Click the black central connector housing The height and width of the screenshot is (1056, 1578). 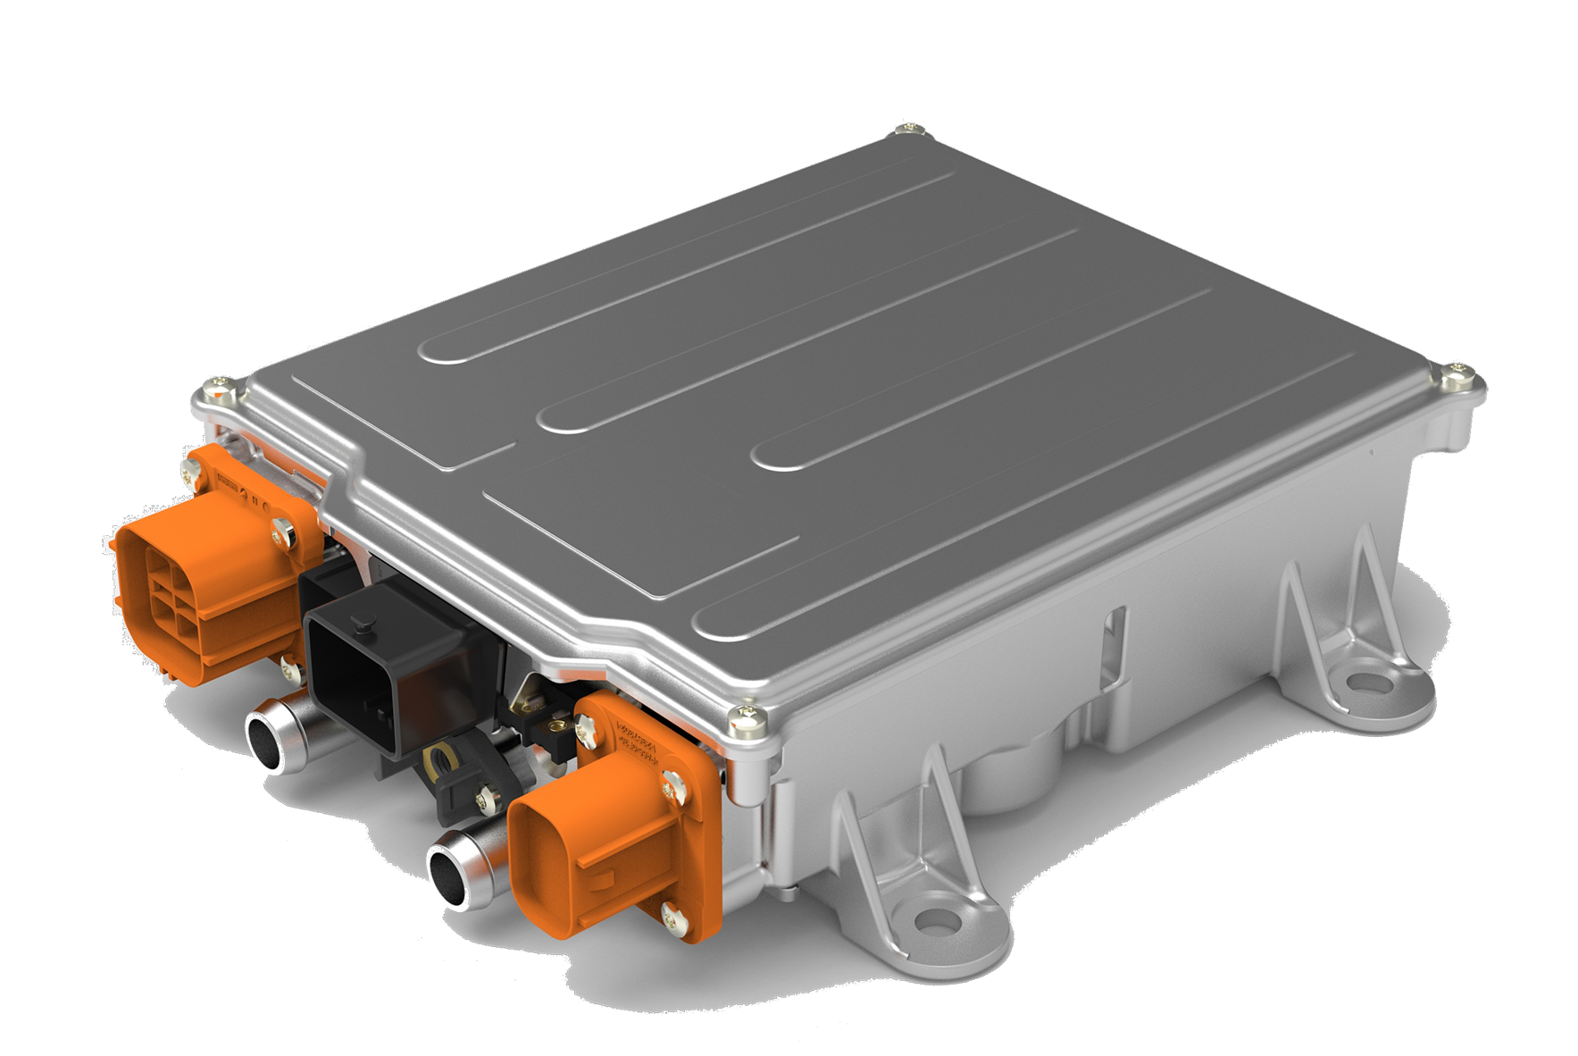tap(393, 661)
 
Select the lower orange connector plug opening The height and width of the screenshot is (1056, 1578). tap(580, 858)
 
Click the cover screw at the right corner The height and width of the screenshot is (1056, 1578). tap(1457, 373)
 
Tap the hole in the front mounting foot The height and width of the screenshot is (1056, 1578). tap(934, 920)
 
